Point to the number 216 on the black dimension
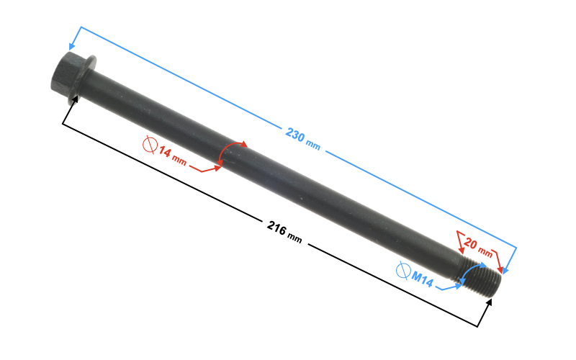click(274, 229)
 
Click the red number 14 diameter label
click(165, 153)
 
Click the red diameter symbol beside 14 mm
click(150, 145)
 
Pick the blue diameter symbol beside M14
click(403, 270)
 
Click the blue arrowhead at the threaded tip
click(506, 271)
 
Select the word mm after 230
click(313, 145)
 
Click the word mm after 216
click(294, 237)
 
